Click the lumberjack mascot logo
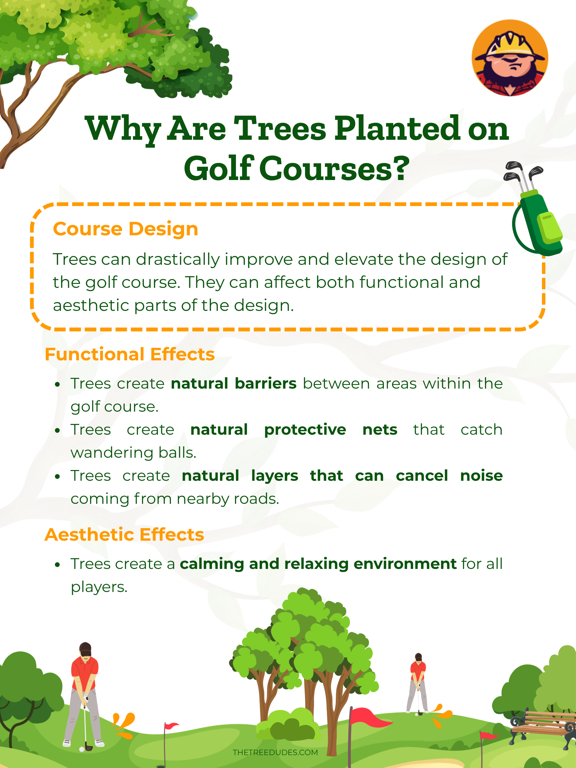click(510, 58)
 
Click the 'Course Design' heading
click(125, 229)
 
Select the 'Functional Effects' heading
click(130, 355)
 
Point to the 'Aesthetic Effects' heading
click(124, 534)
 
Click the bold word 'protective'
click(305, 430)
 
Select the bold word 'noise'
click(481, 476)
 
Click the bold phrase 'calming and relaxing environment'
click(318, 564)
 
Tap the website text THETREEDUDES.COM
click(275, 752)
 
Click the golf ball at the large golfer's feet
click(82, 749)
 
